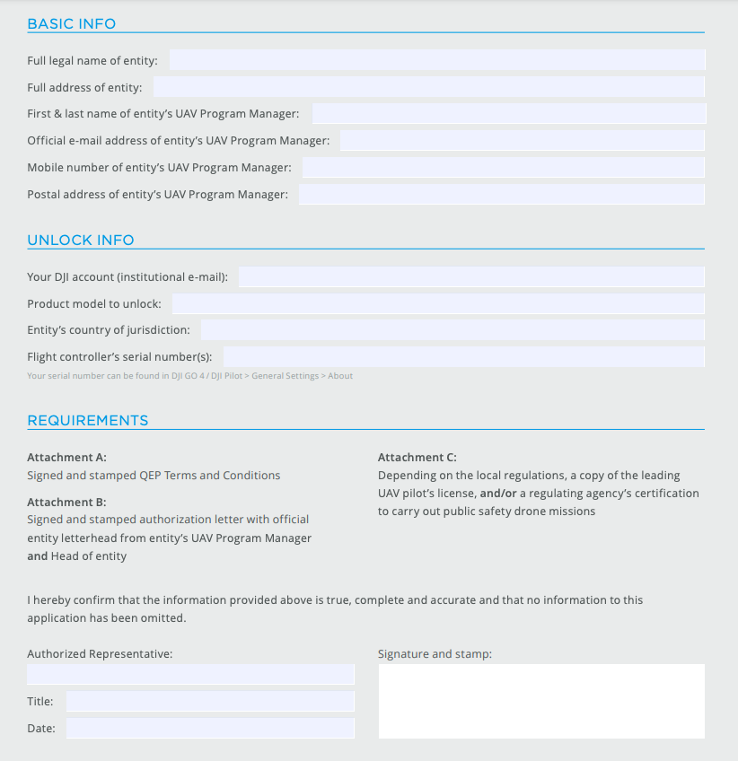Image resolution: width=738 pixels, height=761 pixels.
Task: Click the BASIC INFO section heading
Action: pos(72,24)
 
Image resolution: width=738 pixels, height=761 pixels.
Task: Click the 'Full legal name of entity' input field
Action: pos(437,60)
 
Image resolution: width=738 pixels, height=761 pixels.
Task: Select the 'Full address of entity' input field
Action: pos(429,87)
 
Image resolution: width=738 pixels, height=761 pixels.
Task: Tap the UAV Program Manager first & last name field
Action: pos(509,114)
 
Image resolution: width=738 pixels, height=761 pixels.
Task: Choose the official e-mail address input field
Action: pos(523,141)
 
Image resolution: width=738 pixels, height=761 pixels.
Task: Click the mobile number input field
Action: pos(504,168)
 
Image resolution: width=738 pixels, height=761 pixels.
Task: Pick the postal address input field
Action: pos(502,195)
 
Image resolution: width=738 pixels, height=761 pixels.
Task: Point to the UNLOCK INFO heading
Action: pos(81,241)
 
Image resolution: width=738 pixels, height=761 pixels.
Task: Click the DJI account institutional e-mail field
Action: pos(471,276)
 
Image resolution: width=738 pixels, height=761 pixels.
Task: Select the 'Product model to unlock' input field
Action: pos(438,303)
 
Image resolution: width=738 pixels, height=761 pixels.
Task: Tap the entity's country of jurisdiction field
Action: pos(452,330)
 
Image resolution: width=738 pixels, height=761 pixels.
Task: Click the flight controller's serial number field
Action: pos(464,357)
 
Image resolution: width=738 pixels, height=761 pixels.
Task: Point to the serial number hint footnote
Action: pos(190,376)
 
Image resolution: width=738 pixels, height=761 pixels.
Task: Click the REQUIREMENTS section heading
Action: pos(88,421)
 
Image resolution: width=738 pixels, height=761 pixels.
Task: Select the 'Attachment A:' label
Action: pos(66,458)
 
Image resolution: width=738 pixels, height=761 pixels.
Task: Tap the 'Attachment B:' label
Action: pos(66,502)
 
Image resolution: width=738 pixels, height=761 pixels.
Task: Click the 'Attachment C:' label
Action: pos(417,458)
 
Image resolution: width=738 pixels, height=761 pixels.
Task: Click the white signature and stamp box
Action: pos(541,701)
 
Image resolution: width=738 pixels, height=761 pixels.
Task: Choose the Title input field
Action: pos(210,702)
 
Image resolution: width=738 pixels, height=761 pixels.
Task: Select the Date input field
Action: pos(210,729)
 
